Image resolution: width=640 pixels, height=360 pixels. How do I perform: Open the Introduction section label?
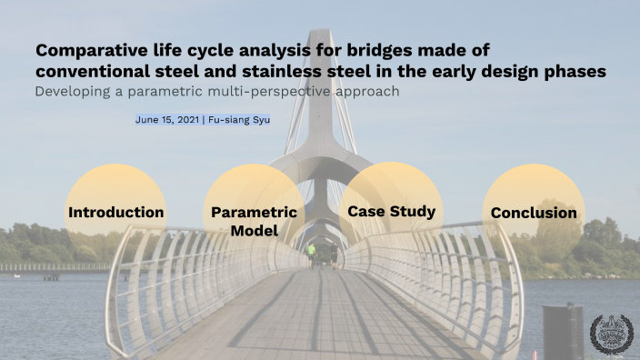point(116,213)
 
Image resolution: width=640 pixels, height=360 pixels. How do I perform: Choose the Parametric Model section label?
point(254,222)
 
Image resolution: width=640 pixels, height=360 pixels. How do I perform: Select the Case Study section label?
point(391,212)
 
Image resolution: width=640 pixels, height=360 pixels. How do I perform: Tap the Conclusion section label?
point(534,213)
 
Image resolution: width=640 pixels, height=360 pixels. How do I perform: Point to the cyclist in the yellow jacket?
point(312,250)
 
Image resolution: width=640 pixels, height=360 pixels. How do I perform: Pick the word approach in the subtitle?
point(366,91)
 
